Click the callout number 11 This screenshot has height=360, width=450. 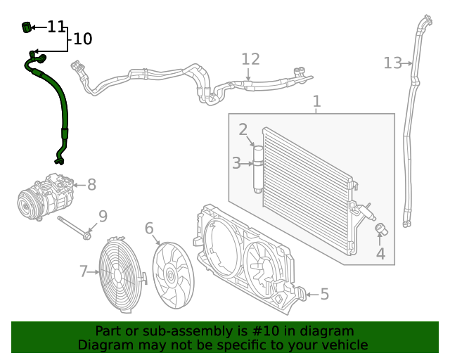(56, 27)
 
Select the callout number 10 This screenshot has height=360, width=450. (82, 39)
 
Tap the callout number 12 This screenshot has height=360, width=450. (250, 60)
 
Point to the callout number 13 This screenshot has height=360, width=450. (392, 63)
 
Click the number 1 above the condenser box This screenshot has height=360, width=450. (316, 101)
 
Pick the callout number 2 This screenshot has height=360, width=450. (243, 129)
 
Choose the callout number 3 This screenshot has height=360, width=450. (236, 164)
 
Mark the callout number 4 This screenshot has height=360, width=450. (380, 253)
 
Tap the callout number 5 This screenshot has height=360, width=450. (324, 294)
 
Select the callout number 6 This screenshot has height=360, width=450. (149, 228)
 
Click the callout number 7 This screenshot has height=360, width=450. (83, 271)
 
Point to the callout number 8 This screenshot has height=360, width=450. (91, 185)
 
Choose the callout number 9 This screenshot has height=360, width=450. (103, 217)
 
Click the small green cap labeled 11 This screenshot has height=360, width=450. (27, 27)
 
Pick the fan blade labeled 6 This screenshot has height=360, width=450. (172, 274)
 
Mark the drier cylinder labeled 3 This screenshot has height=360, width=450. (258, 169)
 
